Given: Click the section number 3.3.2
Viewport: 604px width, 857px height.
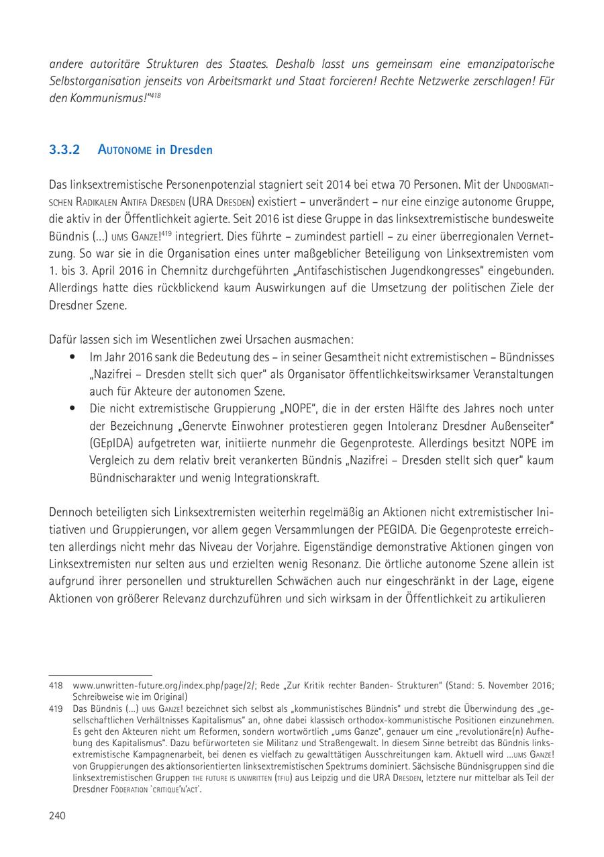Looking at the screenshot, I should point(64,150).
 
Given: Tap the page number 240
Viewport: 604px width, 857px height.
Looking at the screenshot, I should point(57,815).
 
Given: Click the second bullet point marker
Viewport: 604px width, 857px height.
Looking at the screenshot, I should point(72,408).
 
